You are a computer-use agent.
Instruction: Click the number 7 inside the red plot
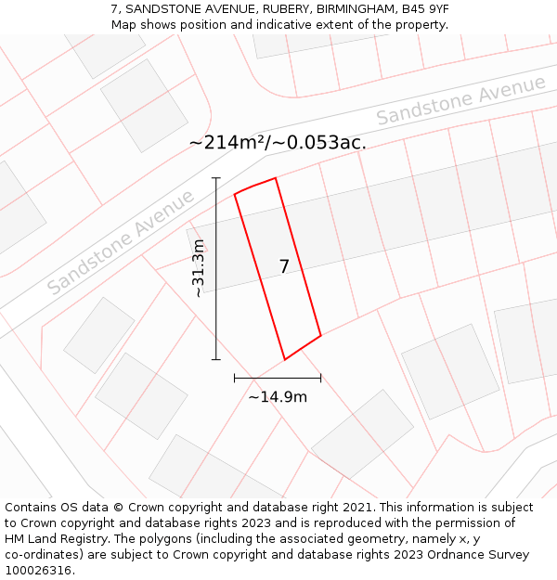284,267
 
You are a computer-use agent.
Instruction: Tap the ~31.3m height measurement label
198,268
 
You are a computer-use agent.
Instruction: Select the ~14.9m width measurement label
278,397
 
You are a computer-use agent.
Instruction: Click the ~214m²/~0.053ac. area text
278,142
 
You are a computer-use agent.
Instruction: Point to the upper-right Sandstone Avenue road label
460,100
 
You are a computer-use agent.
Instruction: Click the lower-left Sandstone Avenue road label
122,242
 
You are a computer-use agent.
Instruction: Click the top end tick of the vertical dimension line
216,177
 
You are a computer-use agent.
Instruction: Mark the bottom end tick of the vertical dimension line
216,359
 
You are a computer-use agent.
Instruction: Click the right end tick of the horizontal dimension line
320,378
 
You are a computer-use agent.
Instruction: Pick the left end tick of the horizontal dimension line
235,378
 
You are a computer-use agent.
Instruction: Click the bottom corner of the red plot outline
284,359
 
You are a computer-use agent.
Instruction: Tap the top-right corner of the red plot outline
276,178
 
